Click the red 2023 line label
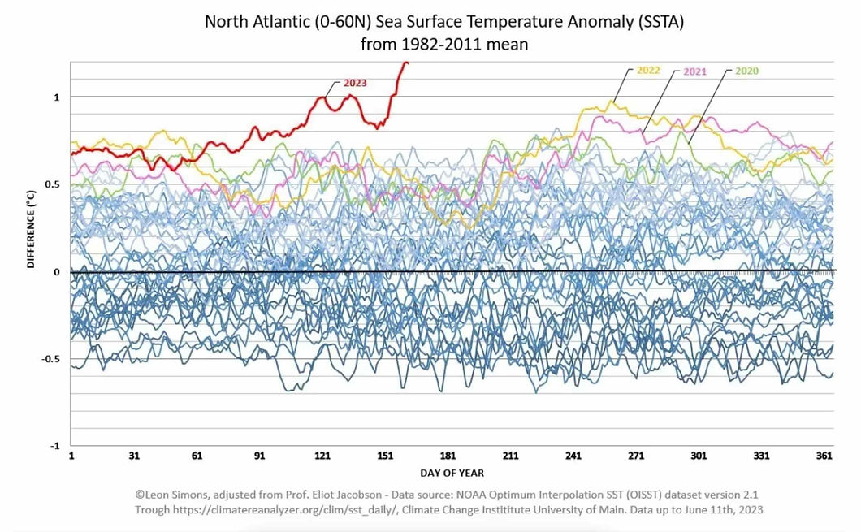click(355, 83)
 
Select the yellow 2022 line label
click(648, 71)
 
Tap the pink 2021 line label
click(694, 71)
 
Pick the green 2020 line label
click(746, 71)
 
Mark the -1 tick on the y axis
click(54, 446)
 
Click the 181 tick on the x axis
click(448, 456)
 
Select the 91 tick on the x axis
click(260, 456)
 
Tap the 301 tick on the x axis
click(699, 456)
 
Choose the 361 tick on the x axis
click(824, 456)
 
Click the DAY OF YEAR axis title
click(452, 473)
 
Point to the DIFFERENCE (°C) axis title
click(31, 230)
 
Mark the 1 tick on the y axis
click(57, 97)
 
